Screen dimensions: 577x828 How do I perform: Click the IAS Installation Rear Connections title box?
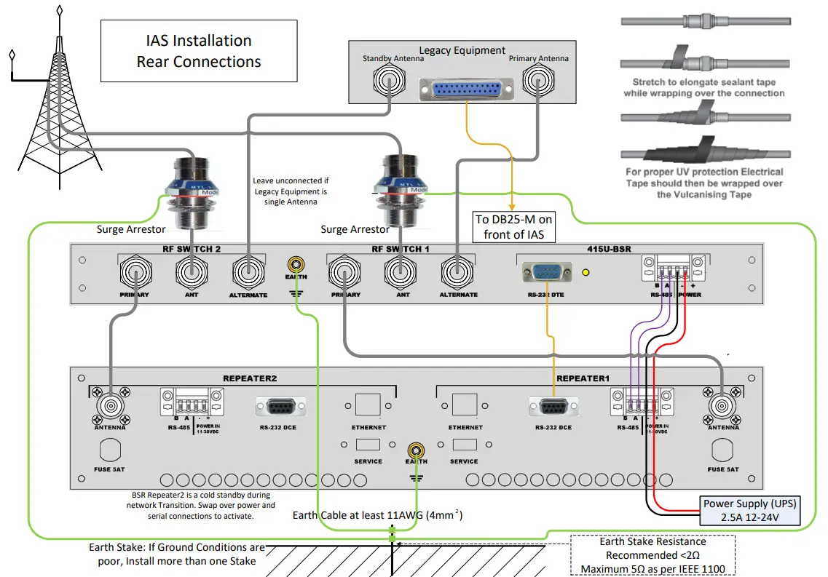[x=198, y=50]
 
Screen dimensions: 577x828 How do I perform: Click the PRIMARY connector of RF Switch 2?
[x=135, y=274]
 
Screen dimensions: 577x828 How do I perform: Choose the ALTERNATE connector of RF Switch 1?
[x=458, y=274]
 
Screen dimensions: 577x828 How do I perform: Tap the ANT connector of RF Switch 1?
[x=401, y=274]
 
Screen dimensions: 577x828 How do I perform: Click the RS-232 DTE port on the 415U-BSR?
[x=547, y=274]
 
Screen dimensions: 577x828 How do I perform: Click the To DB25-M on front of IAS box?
[x=513, y=226]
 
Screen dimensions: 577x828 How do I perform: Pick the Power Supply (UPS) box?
[x=751, y=511]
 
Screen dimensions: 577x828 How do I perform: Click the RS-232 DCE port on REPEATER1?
[x=554, y=407]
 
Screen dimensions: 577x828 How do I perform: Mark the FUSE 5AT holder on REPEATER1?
[x=722, y=453]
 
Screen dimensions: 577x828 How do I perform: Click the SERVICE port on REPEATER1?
[x=464, y=445]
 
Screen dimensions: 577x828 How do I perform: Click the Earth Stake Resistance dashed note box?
[x=652, y=554]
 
